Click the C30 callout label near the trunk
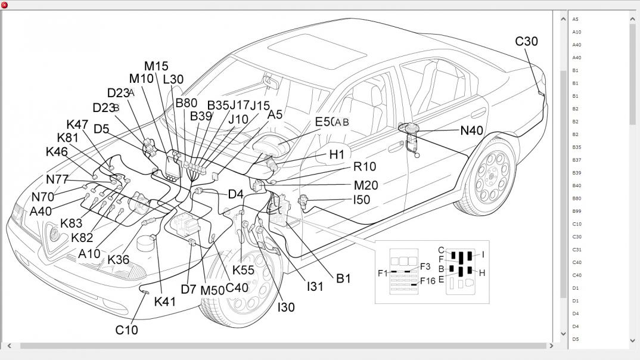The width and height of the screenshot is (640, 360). (x=526, y=41)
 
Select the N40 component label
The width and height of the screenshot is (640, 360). (x=471, y=131)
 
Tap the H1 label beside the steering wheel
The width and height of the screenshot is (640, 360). (x=337, y=154)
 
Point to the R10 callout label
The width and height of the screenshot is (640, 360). (x=364, y=167)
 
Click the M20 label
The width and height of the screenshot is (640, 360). (x=366, y=185)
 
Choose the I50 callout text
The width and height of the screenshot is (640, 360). (x=362, y=200)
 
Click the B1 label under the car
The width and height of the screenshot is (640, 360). (x=343, y=278)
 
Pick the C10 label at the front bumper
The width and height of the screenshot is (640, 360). (x=126, y=330)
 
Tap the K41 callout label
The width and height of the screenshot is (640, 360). (x=165, y=302)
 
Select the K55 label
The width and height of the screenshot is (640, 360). (x=243, y=270)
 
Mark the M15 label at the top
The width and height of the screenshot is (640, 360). (x=156, y=66)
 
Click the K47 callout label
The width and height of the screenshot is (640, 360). (x=77, y=125)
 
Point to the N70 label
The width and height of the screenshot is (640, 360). (x=43, y=197)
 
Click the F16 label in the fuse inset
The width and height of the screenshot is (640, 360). (x=427, y=281)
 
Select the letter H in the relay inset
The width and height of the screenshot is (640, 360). (x=482, y=273)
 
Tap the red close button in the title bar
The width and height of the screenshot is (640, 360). (x=5, y=5)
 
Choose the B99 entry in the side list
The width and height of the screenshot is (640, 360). (x=577, y=211)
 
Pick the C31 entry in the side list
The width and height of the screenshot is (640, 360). (x=577, y=250)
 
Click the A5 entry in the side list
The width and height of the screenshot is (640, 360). (x=576, y=19)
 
